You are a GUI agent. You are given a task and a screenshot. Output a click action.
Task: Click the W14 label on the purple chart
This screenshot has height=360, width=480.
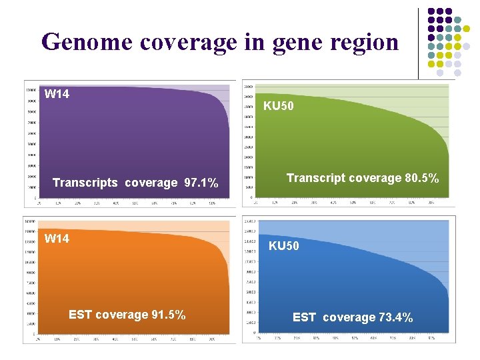(x=57, y=94)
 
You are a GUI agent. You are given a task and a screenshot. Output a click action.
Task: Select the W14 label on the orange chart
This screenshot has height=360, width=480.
(x=57, y=239)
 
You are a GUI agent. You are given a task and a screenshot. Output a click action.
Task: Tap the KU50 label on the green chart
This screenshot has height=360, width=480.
(x=278, y=106)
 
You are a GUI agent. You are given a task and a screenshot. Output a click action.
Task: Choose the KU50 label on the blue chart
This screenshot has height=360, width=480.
(x=283, y=246)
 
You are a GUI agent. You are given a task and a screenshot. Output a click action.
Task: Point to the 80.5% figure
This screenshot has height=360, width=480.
(x=421, y=178)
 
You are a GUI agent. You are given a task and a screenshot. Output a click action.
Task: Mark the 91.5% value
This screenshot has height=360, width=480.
(x=169, y=315)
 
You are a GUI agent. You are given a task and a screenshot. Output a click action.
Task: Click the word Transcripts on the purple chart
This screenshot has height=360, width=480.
(x=85, y=183)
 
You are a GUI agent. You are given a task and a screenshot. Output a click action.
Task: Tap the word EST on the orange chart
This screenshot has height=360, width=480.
(x=80, y=315)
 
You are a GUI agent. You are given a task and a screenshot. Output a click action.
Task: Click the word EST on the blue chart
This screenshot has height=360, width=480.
(x=304, y=318)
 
